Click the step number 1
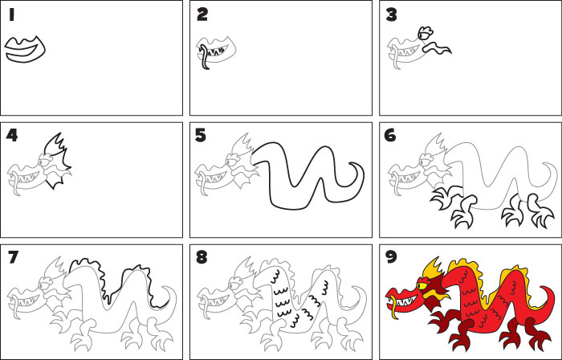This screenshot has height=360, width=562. [12, 14]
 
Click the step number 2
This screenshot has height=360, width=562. [202, 14]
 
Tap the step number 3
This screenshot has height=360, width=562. [391, 14]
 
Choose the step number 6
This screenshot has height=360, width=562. [391, 135]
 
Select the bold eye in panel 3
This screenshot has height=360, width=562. [424, 33]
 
